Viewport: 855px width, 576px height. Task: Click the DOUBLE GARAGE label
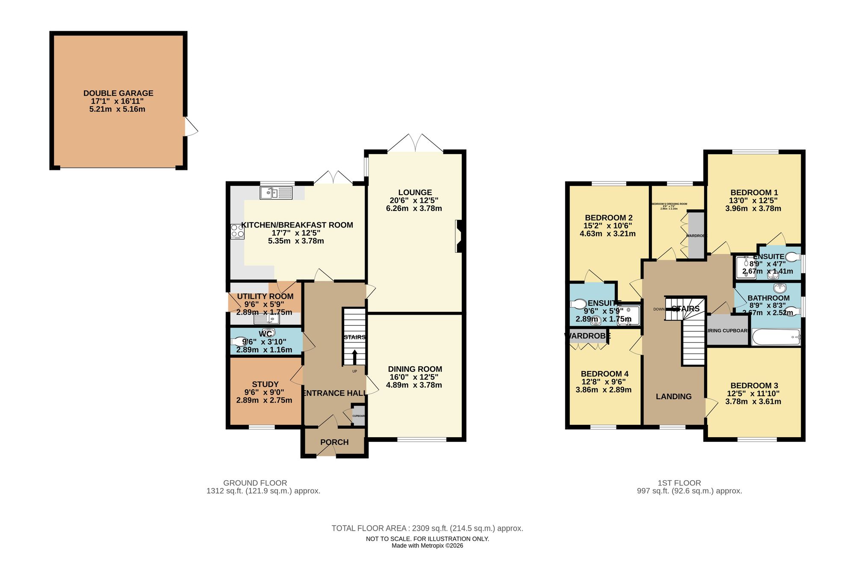[118, 93]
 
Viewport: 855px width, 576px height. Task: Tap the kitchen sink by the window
[276, 193]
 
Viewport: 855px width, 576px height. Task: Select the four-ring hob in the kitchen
[237, 231]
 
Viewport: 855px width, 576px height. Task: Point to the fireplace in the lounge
[458, 236]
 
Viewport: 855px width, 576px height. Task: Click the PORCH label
[334, 442]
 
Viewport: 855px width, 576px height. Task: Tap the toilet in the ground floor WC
[238, 342]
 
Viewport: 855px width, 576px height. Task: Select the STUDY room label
[265, 384]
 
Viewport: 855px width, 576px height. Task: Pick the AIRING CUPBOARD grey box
[727, 330]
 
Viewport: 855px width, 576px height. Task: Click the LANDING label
[674, 397]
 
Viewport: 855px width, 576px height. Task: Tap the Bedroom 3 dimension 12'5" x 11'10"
[753, 394]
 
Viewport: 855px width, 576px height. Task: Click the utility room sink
[267, 319]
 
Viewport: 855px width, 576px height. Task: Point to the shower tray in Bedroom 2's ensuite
[628, 315]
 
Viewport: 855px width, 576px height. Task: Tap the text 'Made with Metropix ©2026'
[427, 546]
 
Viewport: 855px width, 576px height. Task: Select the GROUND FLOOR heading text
[255, 483]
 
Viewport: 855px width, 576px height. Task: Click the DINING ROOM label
[415, 369]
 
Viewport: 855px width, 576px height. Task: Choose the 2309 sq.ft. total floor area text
[427, 528]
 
